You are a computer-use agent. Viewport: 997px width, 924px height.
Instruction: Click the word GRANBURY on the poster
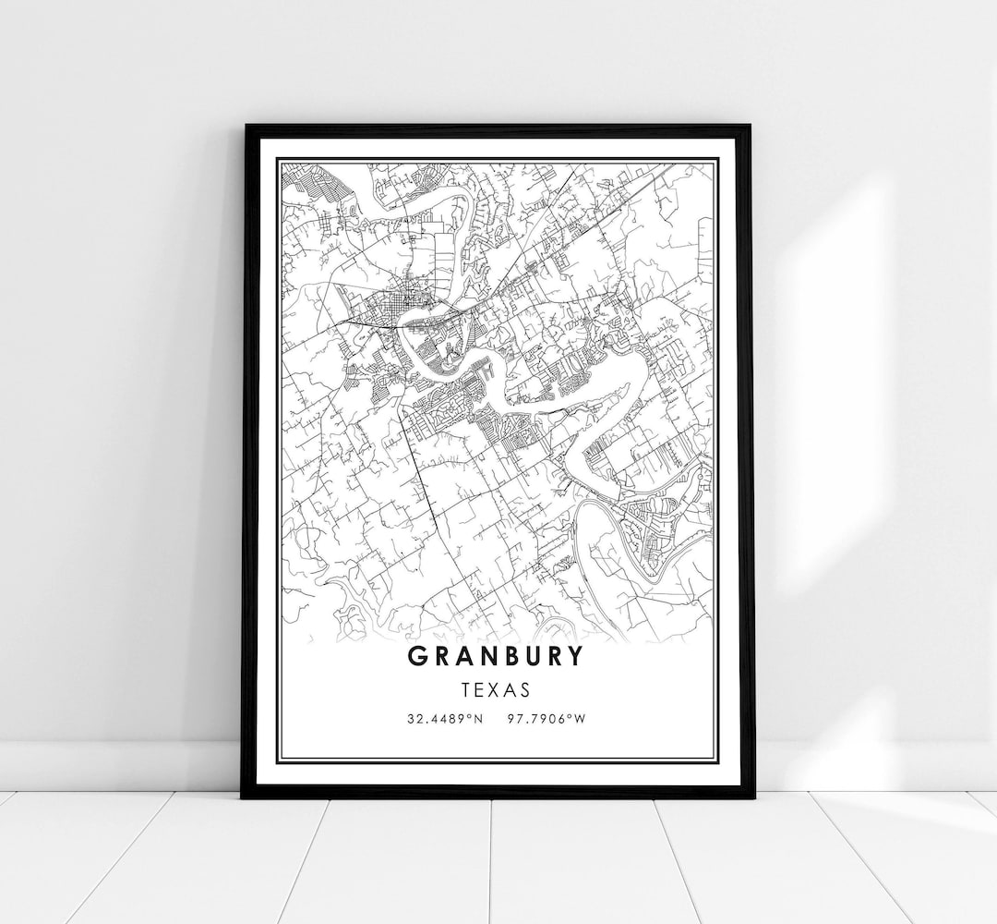[x=495, y=656]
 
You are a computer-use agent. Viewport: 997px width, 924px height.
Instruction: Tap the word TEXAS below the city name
[x=496, y=689]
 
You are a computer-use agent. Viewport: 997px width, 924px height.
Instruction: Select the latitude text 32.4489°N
[x=443, y=718]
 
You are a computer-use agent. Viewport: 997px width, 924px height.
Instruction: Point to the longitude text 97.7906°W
[x=547, y=718]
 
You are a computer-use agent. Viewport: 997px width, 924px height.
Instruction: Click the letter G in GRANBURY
[x=415, y=656]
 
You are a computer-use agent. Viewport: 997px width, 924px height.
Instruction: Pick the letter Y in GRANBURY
[x=575, y=656]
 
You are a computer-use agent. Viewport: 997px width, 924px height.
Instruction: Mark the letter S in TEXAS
[x=525, y=689]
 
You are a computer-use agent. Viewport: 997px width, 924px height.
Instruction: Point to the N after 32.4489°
[x=477, y=718]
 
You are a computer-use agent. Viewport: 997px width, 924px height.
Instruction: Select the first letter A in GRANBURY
[x=461, y=656]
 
